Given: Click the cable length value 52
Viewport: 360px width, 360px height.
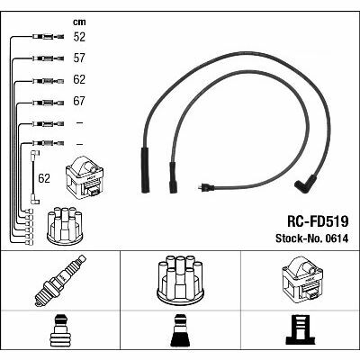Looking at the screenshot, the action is (x=79, y=37).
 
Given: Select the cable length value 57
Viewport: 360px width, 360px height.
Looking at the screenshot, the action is (x=79, y=58).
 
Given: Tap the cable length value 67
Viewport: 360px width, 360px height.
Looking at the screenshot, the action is (x=79, y=101).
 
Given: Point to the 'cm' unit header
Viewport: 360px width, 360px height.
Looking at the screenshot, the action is (x=79, y=22).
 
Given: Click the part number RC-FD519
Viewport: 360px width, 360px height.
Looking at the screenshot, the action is (x=318, y=222).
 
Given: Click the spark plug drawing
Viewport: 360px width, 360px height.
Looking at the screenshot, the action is (x=60, y=281).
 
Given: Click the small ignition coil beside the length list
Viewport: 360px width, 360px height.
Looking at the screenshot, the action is (x=85, y=177).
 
